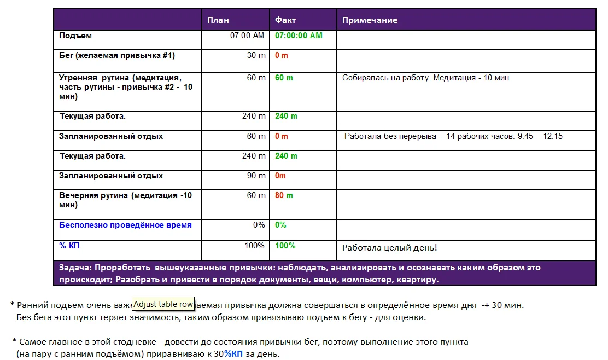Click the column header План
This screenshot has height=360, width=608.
(218, 20)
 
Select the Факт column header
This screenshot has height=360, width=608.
(285, 20)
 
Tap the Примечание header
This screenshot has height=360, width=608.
(370, 20)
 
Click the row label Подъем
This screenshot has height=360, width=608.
(75, 36)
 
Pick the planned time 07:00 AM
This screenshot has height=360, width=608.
(247, 36)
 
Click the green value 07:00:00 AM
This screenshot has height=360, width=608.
(299, 36)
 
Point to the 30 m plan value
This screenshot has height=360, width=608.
(256, 55)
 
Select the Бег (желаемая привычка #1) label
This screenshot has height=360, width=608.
(117, 55)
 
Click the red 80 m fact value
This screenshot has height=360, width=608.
(284, 195)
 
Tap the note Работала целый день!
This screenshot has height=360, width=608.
(389, 248)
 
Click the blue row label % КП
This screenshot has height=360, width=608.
(69, 246)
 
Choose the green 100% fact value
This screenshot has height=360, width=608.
(285, 246)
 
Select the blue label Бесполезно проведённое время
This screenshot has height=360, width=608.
(125, 225)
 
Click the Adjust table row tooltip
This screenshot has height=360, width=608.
(163, 304)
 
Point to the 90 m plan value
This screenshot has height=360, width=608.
(256, 176)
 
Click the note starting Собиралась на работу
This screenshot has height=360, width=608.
(425, 78)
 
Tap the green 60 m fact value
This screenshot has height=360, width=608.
(284, 78)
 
